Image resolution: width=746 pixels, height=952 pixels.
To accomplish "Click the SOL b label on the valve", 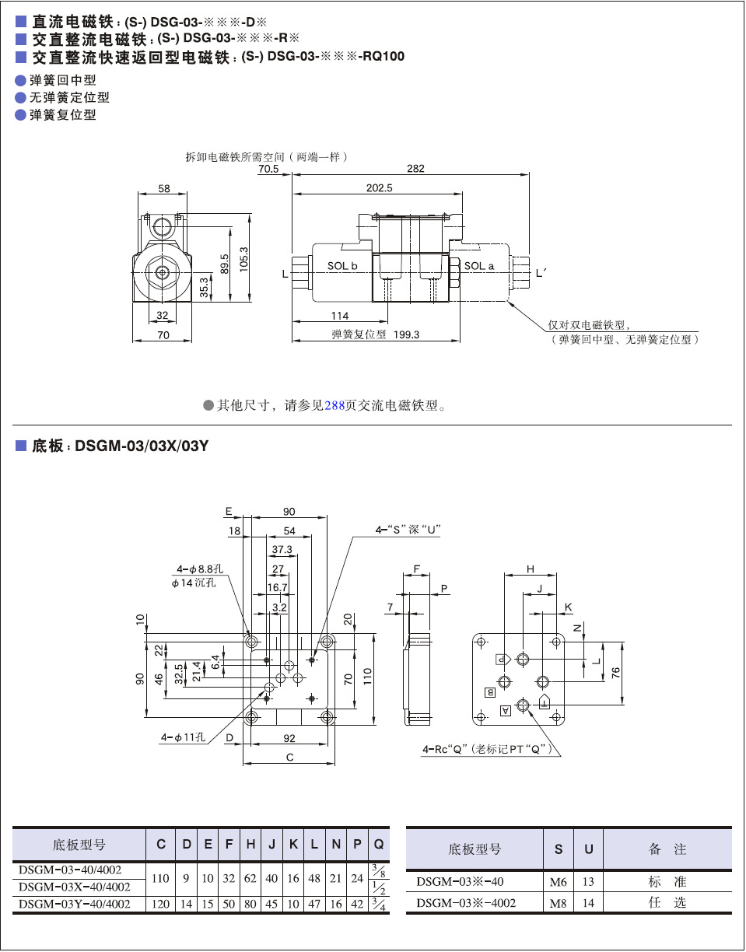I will click(341, 266).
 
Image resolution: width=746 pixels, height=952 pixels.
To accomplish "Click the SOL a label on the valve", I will click(479, 266).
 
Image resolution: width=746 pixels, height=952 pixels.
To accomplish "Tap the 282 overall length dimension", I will click(416, 169).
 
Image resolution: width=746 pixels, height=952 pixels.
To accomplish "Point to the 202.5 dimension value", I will click(380, 187).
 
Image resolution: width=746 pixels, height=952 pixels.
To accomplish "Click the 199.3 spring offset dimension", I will click(407, 334).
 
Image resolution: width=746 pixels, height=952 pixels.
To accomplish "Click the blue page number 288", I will click(334, 405).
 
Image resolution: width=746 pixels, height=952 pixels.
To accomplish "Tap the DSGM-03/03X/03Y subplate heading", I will click(142, 447).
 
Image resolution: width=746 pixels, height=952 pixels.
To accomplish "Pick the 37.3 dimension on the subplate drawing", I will click(282, 549).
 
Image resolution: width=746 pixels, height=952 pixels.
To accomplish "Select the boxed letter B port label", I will click(490, 691).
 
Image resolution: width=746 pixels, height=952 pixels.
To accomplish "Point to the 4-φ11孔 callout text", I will click(184, 737).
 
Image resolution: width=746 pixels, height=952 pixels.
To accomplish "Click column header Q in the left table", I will click(378, 845).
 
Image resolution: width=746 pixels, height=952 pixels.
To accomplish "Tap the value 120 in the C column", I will click(160, 904).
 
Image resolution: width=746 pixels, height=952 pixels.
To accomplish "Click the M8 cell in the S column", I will click(558, 903).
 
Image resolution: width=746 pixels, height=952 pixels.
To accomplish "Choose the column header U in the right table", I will click(589, 849).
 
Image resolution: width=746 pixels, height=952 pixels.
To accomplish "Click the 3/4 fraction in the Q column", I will click(378, 904).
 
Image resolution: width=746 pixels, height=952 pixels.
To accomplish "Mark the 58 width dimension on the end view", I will click(163, 189).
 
